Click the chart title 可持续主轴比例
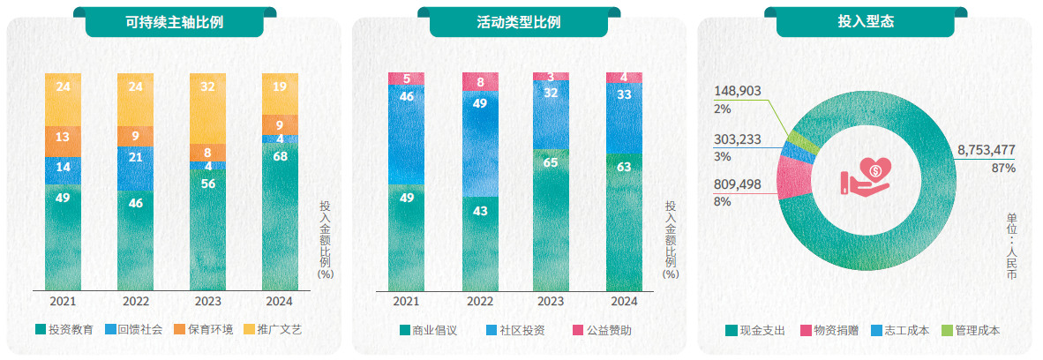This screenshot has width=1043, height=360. (175, 22)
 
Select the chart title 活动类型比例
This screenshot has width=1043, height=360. (519, 22)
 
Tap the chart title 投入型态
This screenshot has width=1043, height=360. (865, 22)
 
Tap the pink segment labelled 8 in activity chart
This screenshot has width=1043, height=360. (480, 82)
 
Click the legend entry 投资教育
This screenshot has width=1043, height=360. (64, 330)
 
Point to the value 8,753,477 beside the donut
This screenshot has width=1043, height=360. (986, 150)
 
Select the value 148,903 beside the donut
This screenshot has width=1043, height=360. (739, 92)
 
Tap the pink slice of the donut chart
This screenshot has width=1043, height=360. (791, 176)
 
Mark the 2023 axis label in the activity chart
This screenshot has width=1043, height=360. (551, 301)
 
